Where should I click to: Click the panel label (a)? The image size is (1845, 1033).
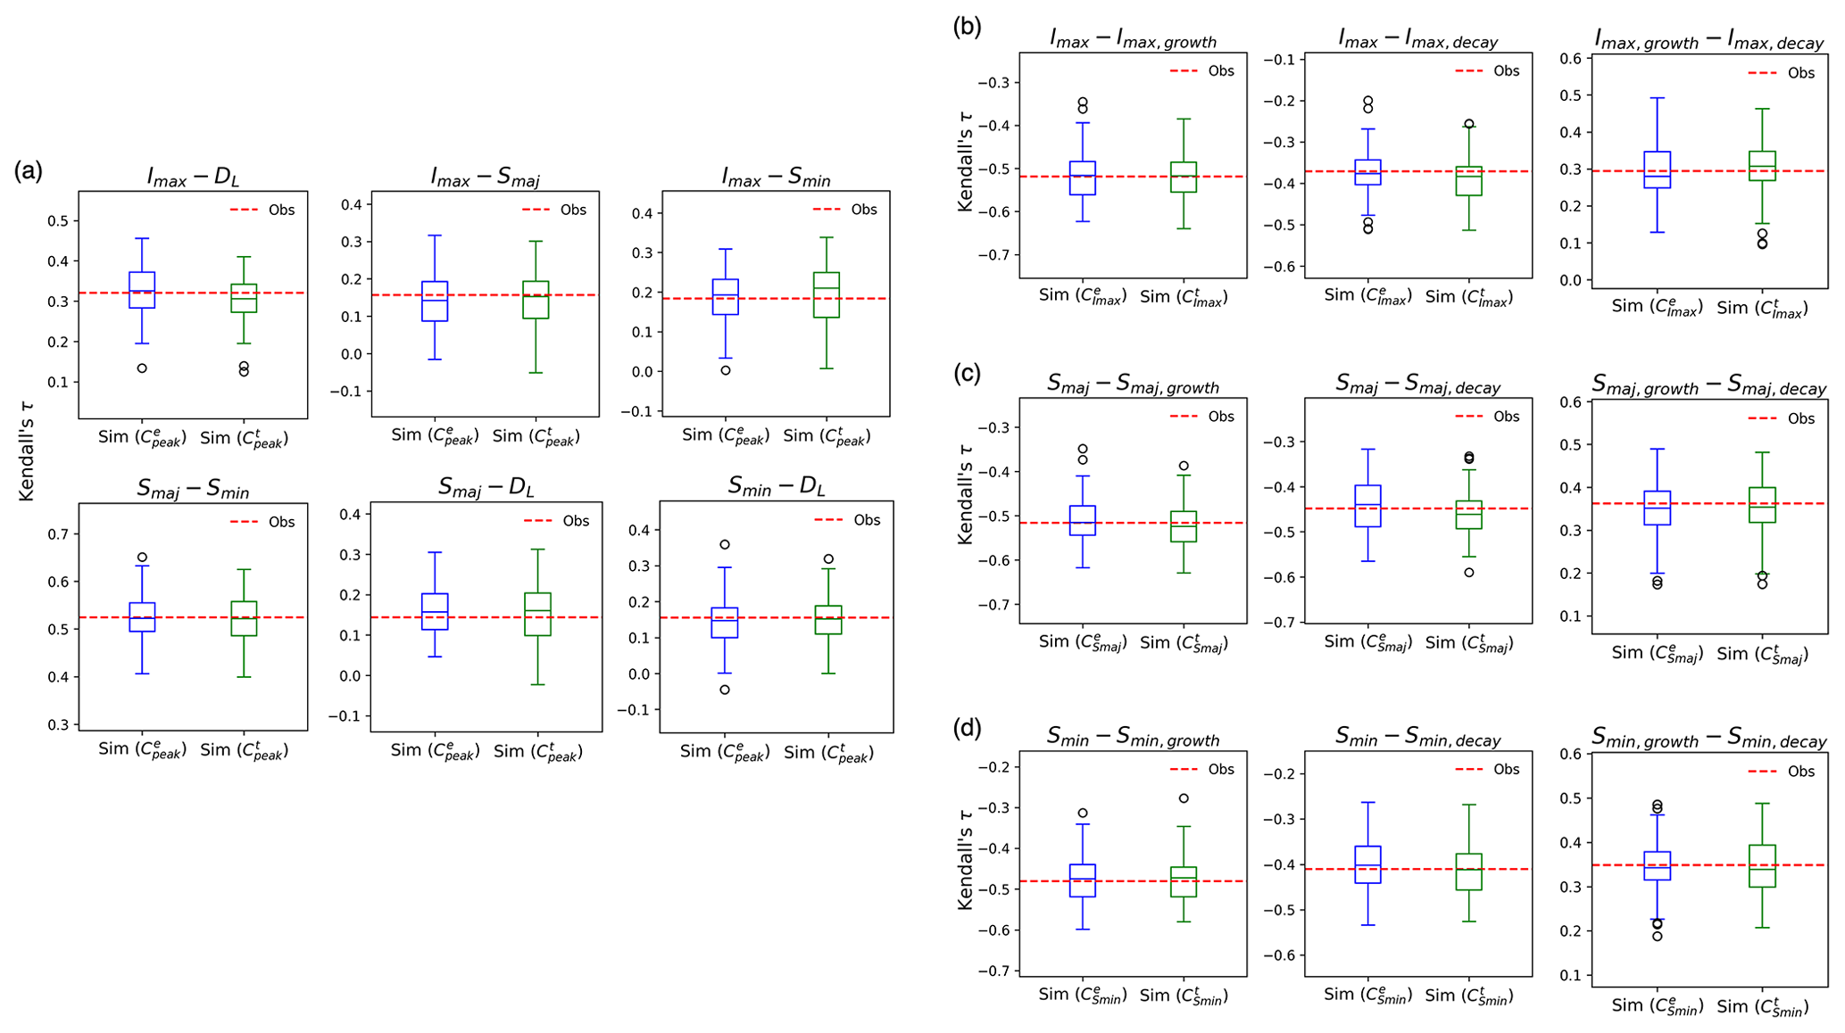pyautogui.click(x=28, y=171)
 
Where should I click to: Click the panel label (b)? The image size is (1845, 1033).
pyautogui.click(x=968, y=27)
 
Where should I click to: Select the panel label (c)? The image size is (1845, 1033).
pyautogui.click(x=968, y=373)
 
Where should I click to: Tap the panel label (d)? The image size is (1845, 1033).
pyautogui.click(x=968, y=728)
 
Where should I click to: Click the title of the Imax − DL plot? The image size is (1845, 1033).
pyautogui.click(x=193, y=177)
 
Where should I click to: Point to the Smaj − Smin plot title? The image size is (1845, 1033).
pyautogui.click(x=193, y=489)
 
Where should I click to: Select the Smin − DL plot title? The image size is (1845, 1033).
pyautogui.click(x=777, y=486)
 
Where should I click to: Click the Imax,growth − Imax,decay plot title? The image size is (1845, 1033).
pyautogui.click(x=1709, y=40)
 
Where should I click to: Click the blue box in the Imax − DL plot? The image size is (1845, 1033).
pyautogui.click(x=142, y=290)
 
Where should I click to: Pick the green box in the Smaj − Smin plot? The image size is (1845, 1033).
pyautogui.click(x=244, y=618)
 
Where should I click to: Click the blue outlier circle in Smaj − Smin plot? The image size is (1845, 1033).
pyautogui.click(x=142, y=558)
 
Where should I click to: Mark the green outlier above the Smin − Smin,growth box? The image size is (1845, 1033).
pyautogui.click(x=1184, y=798)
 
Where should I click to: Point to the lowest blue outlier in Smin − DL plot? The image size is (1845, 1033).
pyautogui.click(x=725, y=690)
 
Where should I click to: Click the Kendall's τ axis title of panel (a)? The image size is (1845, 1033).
pyautogui.click(x=27, y=450)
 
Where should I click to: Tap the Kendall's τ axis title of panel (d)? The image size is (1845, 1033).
pyautogui.click(x=965, y=862)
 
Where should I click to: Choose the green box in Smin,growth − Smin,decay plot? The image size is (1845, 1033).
pyautogui.click(x=1763, y=865)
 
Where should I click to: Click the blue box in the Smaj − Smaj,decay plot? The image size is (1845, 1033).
pyautogui.click(x=1367, y=506)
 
